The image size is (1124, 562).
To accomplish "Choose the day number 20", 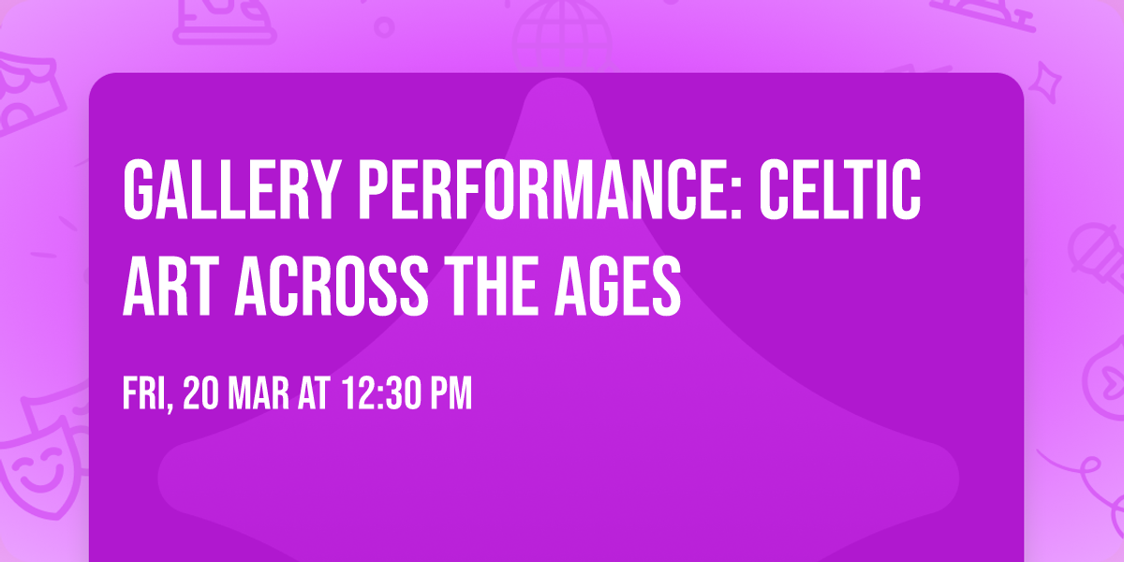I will pyautogui.click(x=203, y=394).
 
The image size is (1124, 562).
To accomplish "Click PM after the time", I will pyautogui.click(x=450, y=394).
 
